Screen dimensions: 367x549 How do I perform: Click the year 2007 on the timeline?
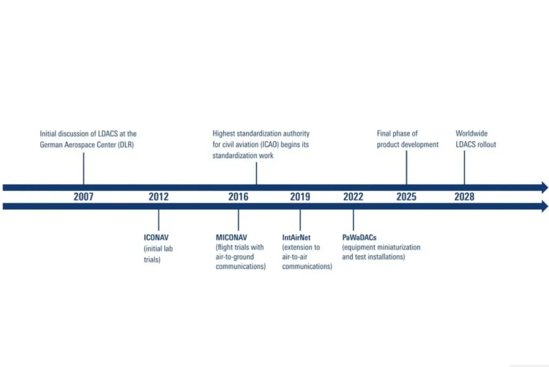pos(84,197)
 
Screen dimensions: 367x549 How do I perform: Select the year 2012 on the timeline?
pos(159,197)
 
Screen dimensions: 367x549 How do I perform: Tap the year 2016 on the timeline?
pos(239,197)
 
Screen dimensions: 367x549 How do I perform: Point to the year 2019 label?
pos(300,197)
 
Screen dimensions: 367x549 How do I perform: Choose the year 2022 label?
pos(353,197)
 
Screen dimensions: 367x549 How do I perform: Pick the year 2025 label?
pos(406,197)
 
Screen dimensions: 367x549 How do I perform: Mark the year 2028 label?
pos(464,197)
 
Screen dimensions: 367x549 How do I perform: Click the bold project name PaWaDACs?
pos(359,237)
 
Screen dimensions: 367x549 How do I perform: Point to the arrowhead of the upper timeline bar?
pos(545,187)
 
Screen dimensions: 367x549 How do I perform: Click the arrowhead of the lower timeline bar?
pos(545,207)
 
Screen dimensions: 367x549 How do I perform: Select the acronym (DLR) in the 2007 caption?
pos(124,145)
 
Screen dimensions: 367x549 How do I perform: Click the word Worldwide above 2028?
pos(472,133)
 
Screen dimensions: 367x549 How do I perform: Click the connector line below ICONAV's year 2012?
pos(159,220)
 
